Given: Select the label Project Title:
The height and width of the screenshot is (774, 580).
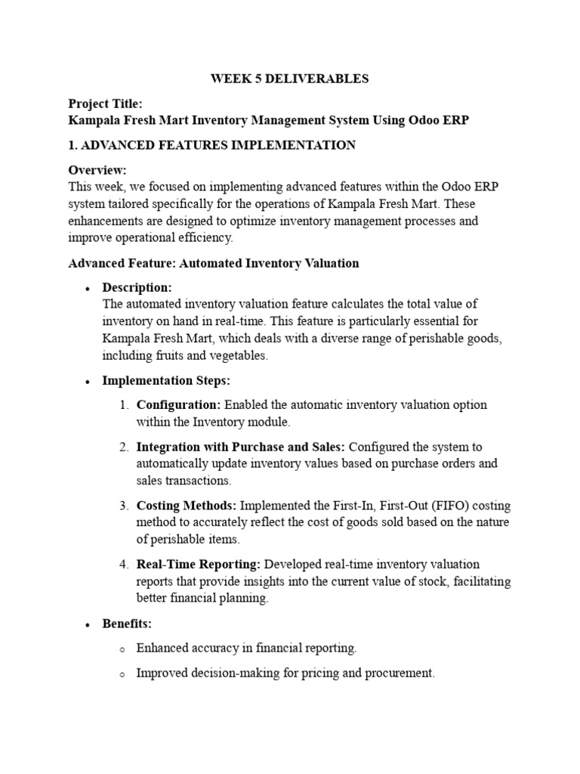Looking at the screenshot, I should click(x=105, y=104).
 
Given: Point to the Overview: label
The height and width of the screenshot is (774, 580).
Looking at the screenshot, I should click(x=97, y=170).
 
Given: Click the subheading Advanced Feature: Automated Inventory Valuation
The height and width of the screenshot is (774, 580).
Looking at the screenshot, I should click(x=214, y=263).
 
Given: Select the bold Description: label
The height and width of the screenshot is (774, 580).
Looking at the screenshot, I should click(x=137, y=288).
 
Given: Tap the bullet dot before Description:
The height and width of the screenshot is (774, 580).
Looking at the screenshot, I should click(x=88, y=289).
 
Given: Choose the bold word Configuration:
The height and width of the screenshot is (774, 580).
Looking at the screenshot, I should click(x=178, y=405).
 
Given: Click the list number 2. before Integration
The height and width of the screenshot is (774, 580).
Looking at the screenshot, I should click(x=125, y=447).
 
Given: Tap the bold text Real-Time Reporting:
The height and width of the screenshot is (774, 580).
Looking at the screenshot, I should click(x=199, y=565).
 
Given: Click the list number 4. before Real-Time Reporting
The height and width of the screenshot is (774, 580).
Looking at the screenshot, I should click(x=125, y=565).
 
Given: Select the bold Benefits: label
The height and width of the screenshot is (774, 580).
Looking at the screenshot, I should click(x=127, y=624).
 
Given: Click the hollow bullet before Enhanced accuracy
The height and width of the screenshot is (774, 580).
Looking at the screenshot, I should click(x=122, y=649).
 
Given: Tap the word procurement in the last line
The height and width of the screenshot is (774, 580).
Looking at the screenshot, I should click(x=402, y=673).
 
